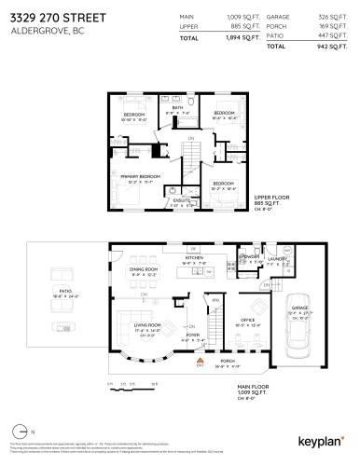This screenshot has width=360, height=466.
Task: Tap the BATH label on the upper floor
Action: (x=178, y=107)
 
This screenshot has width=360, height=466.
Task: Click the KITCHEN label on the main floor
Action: (x=195, y=260)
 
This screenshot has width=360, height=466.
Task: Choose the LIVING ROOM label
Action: (x=147, y=324)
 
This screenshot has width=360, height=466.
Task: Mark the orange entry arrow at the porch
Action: (x=200, y=365)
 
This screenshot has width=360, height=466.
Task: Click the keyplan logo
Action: (x=320, y=438)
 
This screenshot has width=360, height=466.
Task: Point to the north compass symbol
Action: (x=21, y=432)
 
